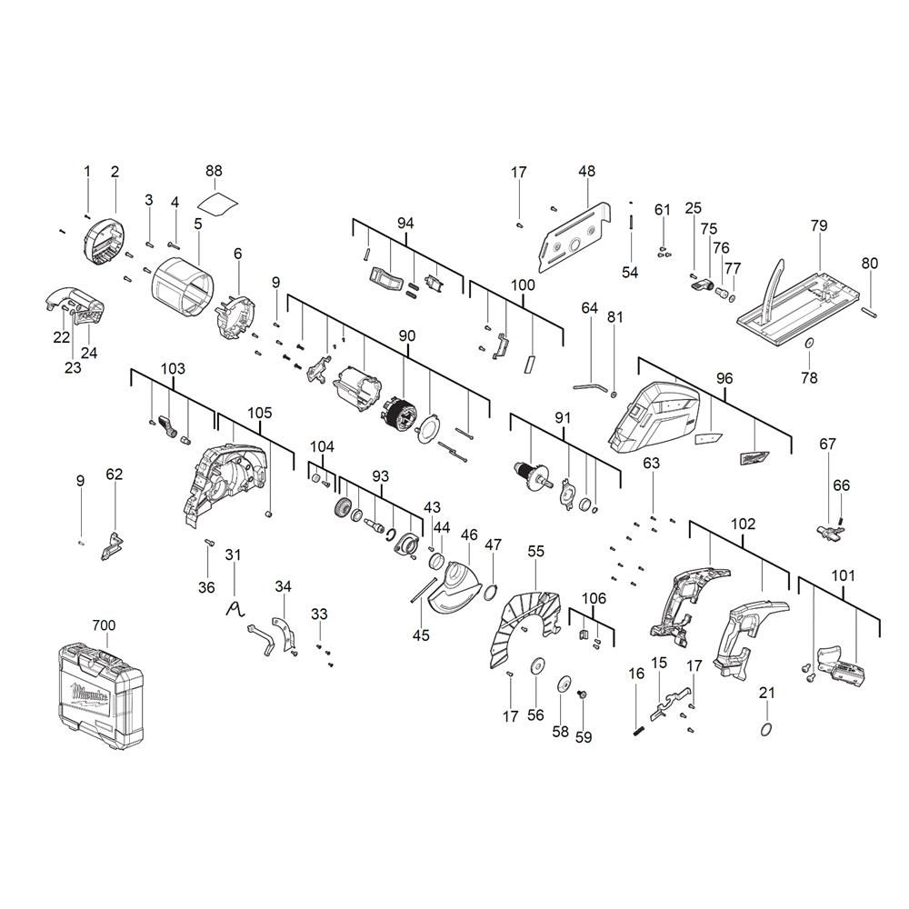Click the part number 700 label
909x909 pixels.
pyautogui.click(x=105, y=625)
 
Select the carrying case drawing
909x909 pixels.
pyautogui.click(x=101, y=695)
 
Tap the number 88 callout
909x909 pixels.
pyautogui.click(x=214, y=171)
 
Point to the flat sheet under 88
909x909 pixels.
pyautogui.click(x=218, y=205)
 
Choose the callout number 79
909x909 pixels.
pyautogui.click(x=819, y=225)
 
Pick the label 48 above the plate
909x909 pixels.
pyautogui.click(x=586, y=171)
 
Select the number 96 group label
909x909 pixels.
pyautogui.click(x=724, y=378)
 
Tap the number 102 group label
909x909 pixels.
pyautogui.click(x=744, y=524)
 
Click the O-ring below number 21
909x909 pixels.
pyautogui.click(x=766, y=729)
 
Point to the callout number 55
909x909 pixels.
pyautogui.click(x=536, y=552)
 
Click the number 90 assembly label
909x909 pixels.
pyautogui.click(x=407, y=336)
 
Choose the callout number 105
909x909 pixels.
pyautogui.click(x=260, y=413)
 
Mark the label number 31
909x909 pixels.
pyautogui.click(x=233, y=554)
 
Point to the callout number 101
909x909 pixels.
pyautogui.click(x=843, y=575)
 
